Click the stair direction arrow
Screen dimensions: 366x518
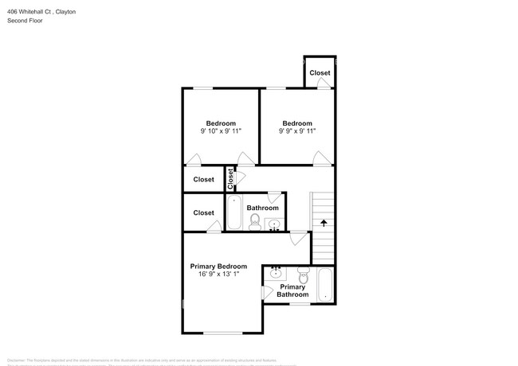[x=324, y=224]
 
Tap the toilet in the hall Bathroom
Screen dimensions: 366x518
[x=255, y=225]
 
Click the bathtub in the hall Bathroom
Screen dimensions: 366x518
[x=234, y=212]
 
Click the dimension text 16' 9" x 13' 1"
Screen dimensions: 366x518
[x=218, y=274]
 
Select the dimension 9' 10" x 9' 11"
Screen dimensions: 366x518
[x=221, y=131]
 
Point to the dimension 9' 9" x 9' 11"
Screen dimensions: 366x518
[x=296, y=131]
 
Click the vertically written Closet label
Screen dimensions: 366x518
[x=230, y=179]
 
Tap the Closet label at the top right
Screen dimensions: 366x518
[x=320, y=73]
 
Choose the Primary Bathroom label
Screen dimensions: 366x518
[x=292, y=290]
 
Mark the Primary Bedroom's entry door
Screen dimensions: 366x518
[x=298, y=238]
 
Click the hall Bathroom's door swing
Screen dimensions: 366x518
[x=274, y=197]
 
